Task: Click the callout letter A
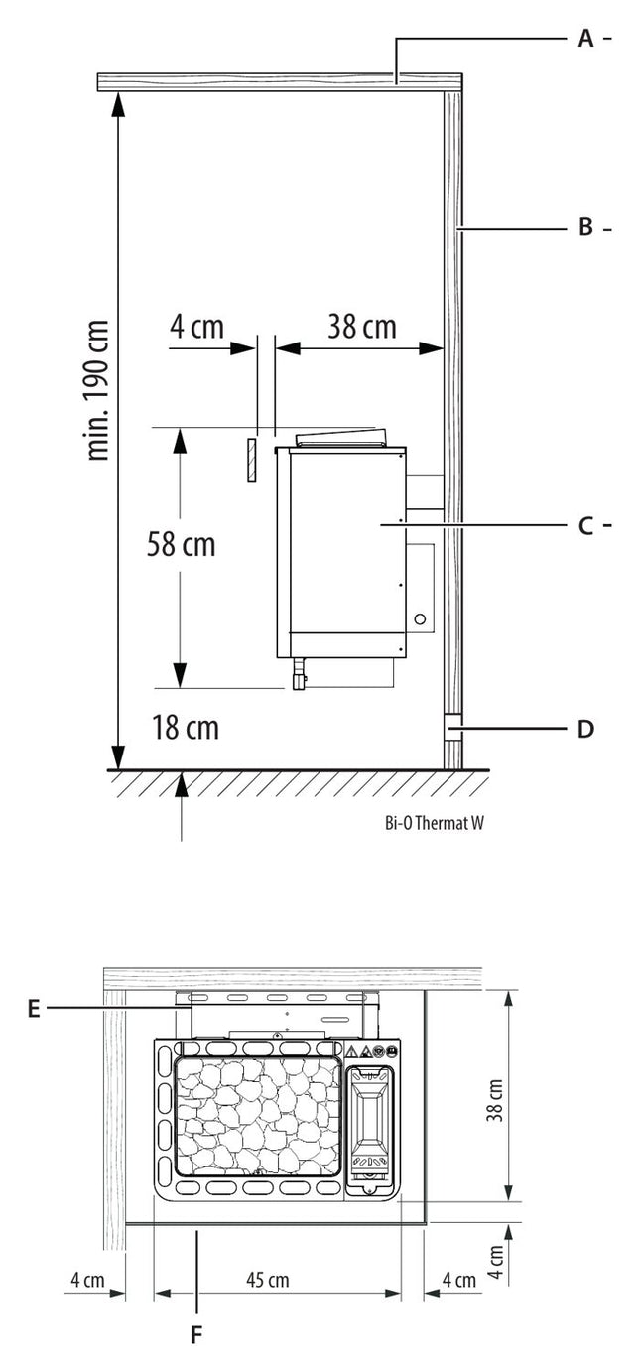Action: click(x=585, y=39)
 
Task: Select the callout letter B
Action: click(x=585, y=228)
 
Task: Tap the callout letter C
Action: click(x=585, y=525)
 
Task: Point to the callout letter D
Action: click(x=585, y=729)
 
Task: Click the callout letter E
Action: click(x=34, y=1009)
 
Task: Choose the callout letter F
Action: click(x=196, y=1334)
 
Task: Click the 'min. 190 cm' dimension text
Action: click(x=98, y=389)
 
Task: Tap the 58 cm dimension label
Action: click(x=182, y=544)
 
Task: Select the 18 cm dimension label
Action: click(x=185, y=728)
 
